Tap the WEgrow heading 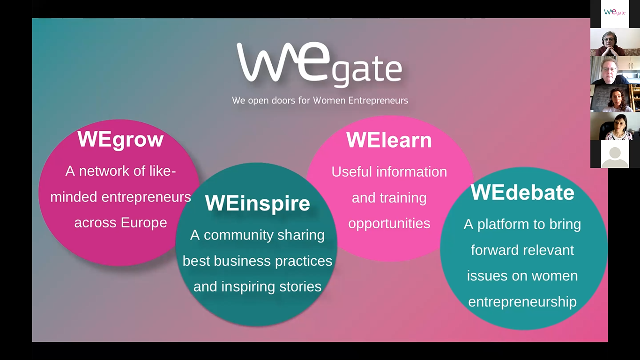click(x=120, y=139)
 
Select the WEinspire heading click(x=257, y=203)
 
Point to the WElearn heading click(x=389, y=140)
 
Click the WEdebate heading click(x=522, y=192)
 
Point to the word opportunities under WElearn click(x=389, y=224)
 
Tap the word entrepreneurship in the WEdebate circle click(x=522, y=302)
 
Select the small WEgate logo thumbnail click(x=615, y=13)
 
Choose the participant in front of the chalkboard click(x=615, y=98)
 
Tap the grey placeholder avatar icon click(x=615, y=154)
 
